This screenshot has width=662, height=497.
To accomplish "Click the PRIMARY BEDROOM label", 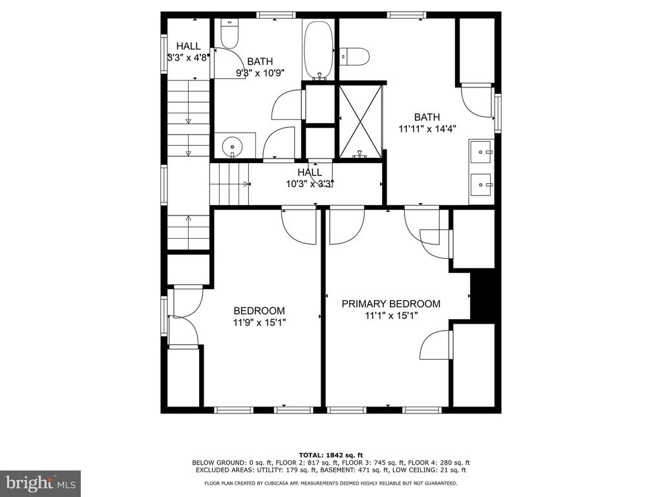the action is tap(390, 304).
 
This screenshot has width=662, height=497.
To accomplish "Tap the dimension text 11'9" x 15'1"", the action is tap(259, 323).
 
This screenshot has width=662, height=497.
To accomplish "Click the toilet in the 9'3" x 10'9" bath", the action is tap(230, 34).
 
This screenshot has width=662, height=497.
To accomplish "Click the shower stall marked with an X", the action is tap(360, 121).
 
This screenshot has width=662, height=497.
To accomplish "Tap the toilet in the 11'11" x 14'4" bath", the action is tap(355, 56).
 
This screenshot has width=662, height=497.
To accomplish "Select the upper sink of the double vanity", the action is tap(482, 151).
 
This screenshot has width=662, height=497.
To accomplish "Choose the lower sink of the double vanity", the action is tap(482, 184).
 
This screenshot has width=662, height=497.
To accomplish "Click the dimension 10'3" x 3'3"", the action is tap(310, 184).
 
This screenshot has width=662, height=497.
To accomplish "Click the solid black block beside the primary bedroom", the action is tap(482, 296).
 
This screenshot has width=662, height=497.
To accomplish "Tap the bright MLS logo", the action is tap(41, 483).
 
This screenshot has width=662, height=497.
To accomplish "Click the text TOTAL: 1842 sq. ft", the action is tap(331, 455).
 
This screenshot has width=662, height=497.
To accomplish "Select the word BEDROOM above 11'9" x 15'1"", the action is tap(259, 311).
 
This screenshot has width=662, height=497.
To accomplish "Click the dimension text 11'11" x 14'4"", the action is tap(427, 129).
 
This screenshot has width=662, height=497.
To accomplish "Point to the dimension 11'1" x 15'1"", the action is tap(391, 316).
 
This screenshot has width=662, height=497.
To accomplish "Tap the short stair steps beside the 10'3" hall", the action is tap(230, 184).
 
